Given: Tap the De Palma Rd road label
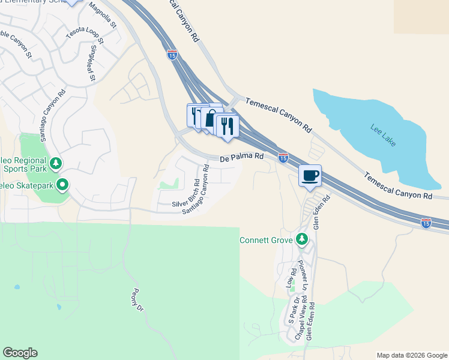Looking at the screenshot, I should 242,158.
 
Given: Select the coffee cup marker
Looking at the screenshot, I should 310,176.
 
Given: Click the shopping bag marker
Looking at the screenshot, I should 211,118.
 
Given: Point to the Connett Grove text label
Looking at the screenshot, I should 266,240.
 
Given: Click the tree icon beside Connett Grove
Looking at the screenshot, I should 302,240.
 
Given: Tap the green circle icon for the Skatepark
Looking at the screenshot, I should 61,185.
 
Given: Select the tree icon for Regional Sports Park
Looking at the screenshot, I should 55,163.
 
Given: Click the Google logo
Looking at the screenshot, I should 20,353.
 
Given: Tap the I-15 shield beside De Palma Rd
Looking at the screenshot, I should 283,157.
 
